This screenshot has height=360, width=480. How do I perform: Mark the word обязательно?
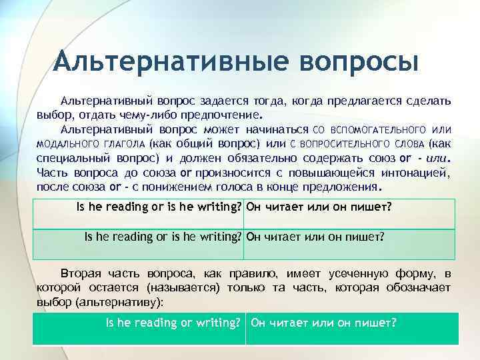tap(269, 158)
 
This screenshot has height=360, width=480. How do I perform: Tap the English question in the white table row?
tap(159, 207)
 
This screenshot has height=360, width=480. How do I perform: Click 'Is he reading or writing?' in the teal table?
tap(173, 323)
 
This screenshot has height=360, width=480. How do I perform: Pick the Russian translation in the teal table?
tap(323, 323)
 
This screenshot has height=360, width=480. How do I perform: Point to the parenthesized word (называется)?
tap(184, 287)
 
